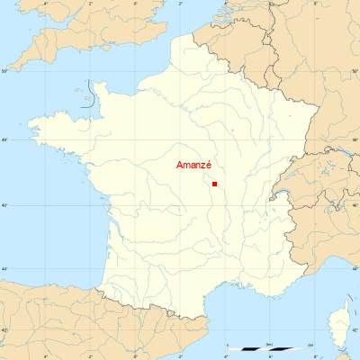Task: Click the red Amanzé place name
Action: pos(193,166)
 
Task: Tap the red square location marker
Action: pos(214,184)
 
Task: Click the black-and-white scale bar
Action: pos(270,348)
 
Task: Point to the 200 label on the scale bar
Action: pos(310,344)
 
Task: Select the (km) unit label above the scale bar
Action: pos(270,344)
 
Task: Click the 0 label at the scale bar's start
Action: pos(229,344)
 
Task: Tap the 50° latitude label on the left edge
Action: pos(4,70)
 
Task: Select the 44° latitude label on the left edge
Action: pos(4,268)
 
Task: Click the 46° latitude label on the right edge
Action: pos(355,205)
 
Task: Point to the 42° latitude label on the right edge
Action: pos(355,331)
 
